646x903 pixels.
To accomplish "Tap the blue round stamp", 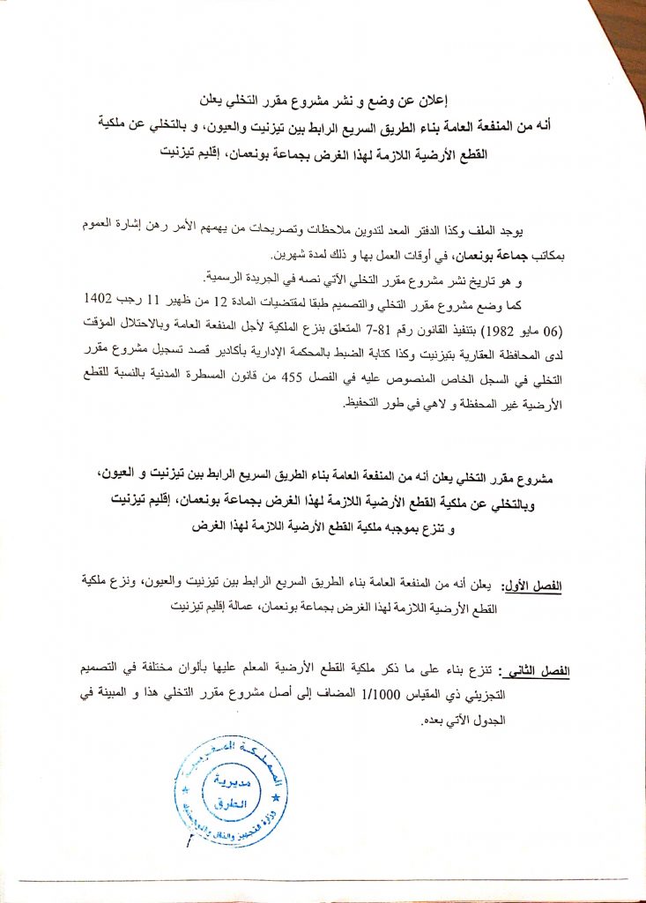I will [230, 790].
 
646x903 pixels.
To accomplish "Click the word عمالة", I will [254, 608].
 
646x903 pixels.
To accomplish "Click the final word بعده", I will [430, 719].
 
